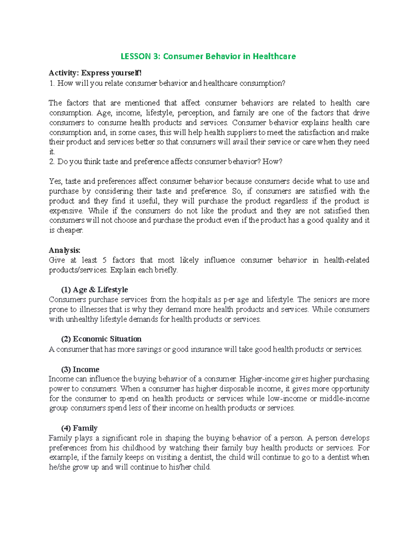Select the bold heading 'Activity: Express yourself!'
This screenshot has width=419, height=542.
pos(95,73)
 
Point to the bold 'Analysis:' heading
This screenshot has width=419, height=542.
pos(65,250)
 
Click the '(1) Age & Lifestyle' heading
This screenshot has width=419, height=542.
pos(94,290)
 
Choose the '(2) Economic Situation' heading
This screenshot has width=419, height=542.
pos(101,339)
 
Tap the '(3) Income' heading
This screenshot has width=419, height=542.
pos(80,369)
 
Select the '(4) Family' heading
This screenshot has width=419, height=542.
pos(79,428)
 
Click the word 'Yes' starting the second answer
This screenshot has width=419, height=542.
pos(55,181)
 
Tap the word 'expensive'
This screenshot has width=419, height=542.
pos(66,211)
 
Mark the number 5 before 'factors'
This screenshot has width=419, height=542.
pos(104,260)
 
